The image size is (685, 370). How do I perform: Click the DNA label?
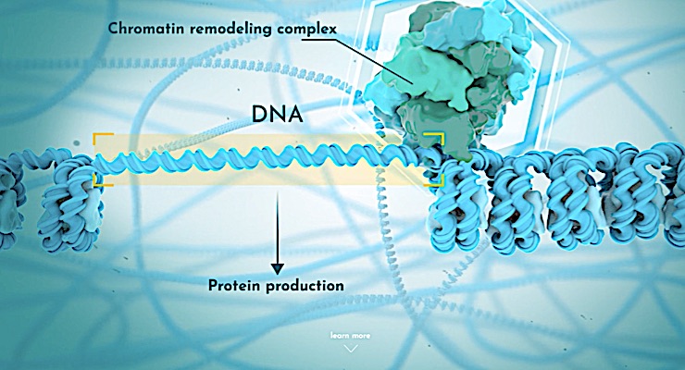tap(277, 115)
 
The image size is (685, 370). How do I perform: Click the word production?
tap(305, 286)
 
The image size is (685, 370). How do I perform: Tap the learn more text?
tap(350, 336)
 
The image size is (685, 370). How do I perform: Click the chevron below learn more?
tap(351, 348)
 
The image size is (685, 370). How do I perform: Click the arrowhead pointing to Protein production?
tap(277, 269)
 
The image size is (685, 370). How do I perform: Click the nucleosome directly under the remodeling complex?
tap(459, 205)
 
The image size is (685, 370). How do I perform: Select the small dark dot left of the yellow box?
tap(77, 142)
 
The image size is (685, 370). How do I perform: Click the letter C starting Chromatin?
tap(113, 29)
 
